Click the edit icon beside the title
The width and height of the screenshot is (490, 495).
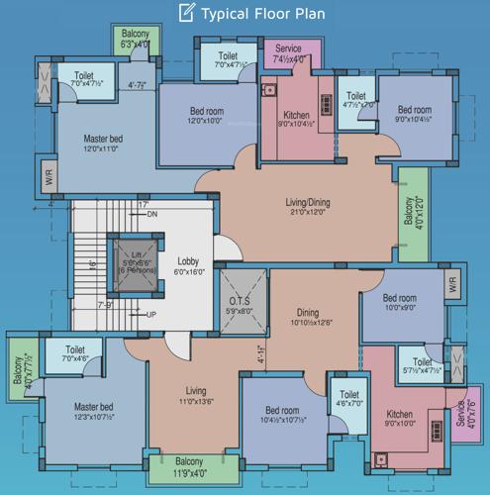[x=184, y=13]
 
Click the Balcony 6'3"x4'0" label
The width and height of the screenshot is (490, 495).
[x=135, y=39]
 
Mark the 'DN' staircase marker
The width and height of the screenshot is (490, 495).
[x=151, y=214]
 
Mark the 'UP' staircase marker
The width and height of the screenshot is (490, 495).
[x=151, y=315]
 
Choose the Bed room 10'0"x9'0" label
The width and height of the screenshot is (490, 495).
[x=400, y=302]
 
